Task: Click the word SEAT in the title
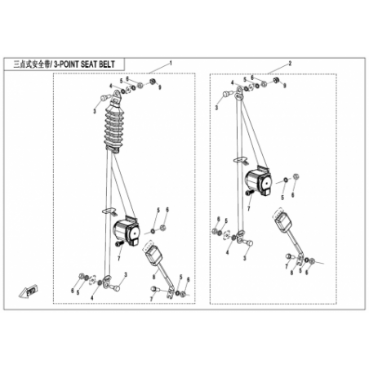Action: tap(87, 64)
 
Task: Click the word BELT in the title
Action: tap(106, 64)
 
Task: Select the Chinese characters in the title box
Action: tap(32, 64)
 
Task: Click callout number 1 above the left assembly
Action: tap(171, 64)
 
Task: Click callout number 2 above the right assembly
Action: tap(290, 64)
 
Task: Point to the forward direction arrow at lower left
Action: tap(28, 291)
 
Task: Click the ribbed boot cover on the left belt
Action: tap(113, 126)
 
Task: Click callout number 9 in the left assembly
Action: tap(160, 87)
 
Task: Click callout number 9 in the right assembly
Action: tap(285, 86)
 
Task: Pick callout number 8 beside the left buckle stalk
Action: tap(153, 278)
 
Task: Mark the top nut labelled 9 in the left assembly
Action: tap(153, 81)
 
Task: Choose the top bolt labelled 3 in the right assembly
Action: tap(226, 94)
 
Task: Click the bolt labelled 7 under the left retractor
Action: tap(119, 244)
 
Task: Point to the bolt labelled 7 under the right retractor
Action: tap(250, 193)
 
